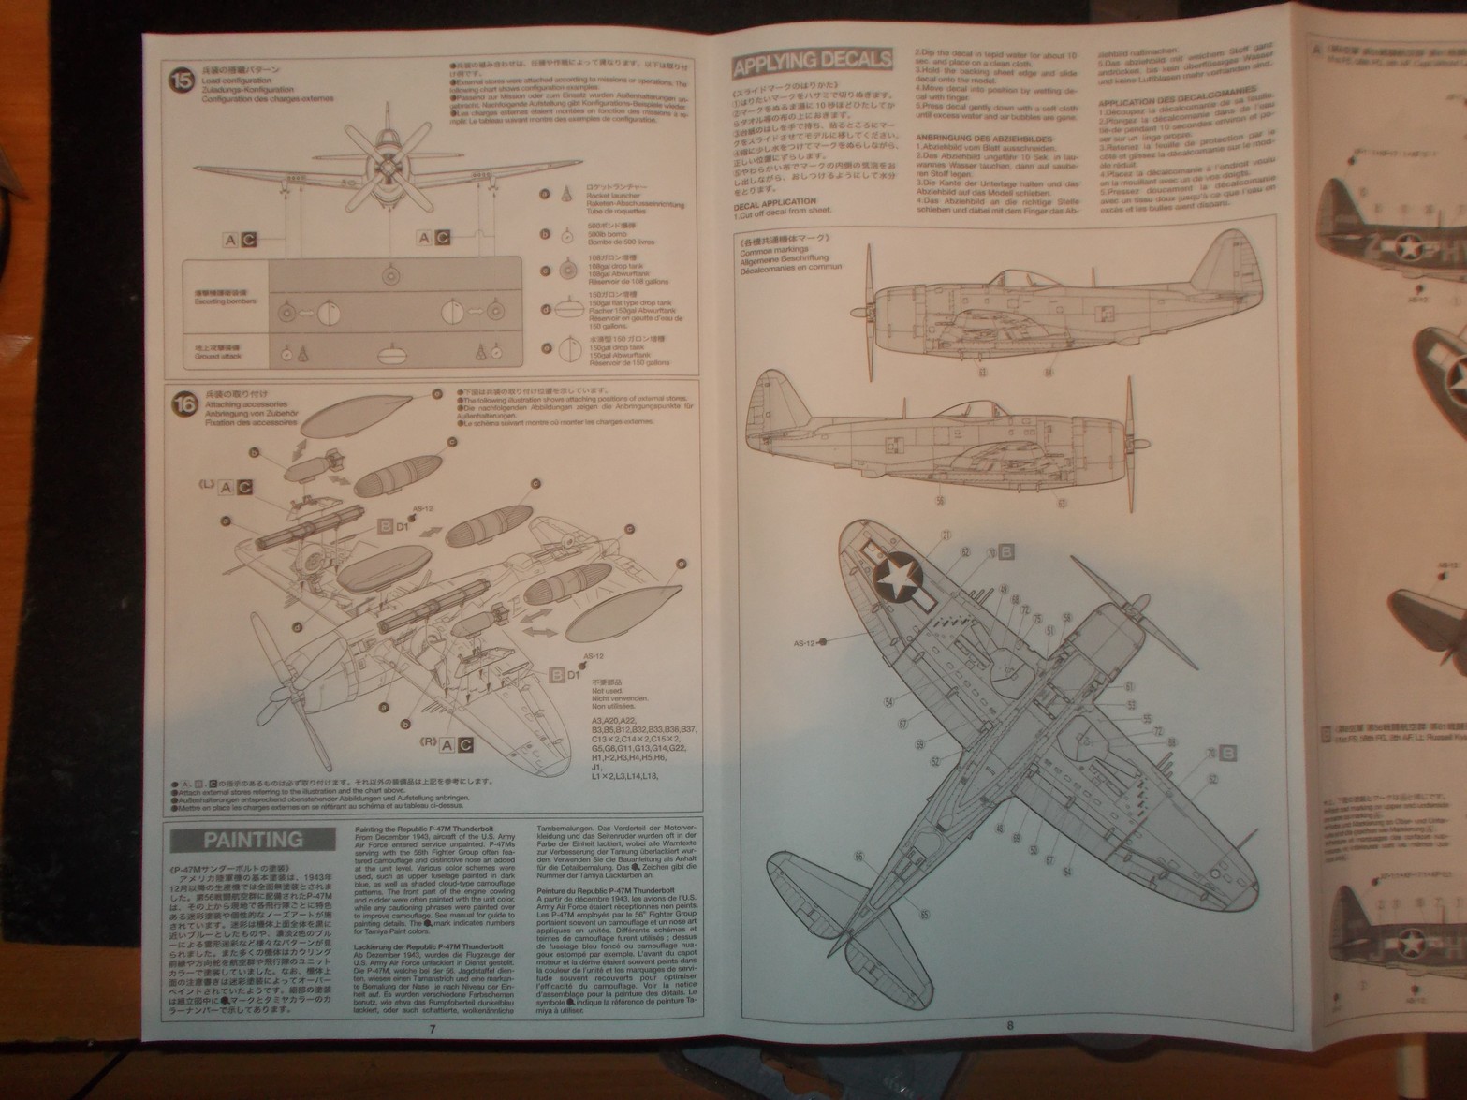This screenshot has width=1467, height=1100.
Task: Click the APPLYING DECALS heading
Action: pyautogui.click(x=813, y=62)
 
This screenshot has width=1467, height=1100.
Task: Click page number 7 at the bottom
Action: pyautogui.click(x=432, y=1027)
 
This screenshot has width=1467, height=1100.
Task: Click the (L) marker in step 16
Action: pyautogui.click(x=206, y=485)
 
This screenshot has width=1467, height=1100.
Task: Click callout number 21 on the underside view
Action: pyautogui.click(x=946, y=535)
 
